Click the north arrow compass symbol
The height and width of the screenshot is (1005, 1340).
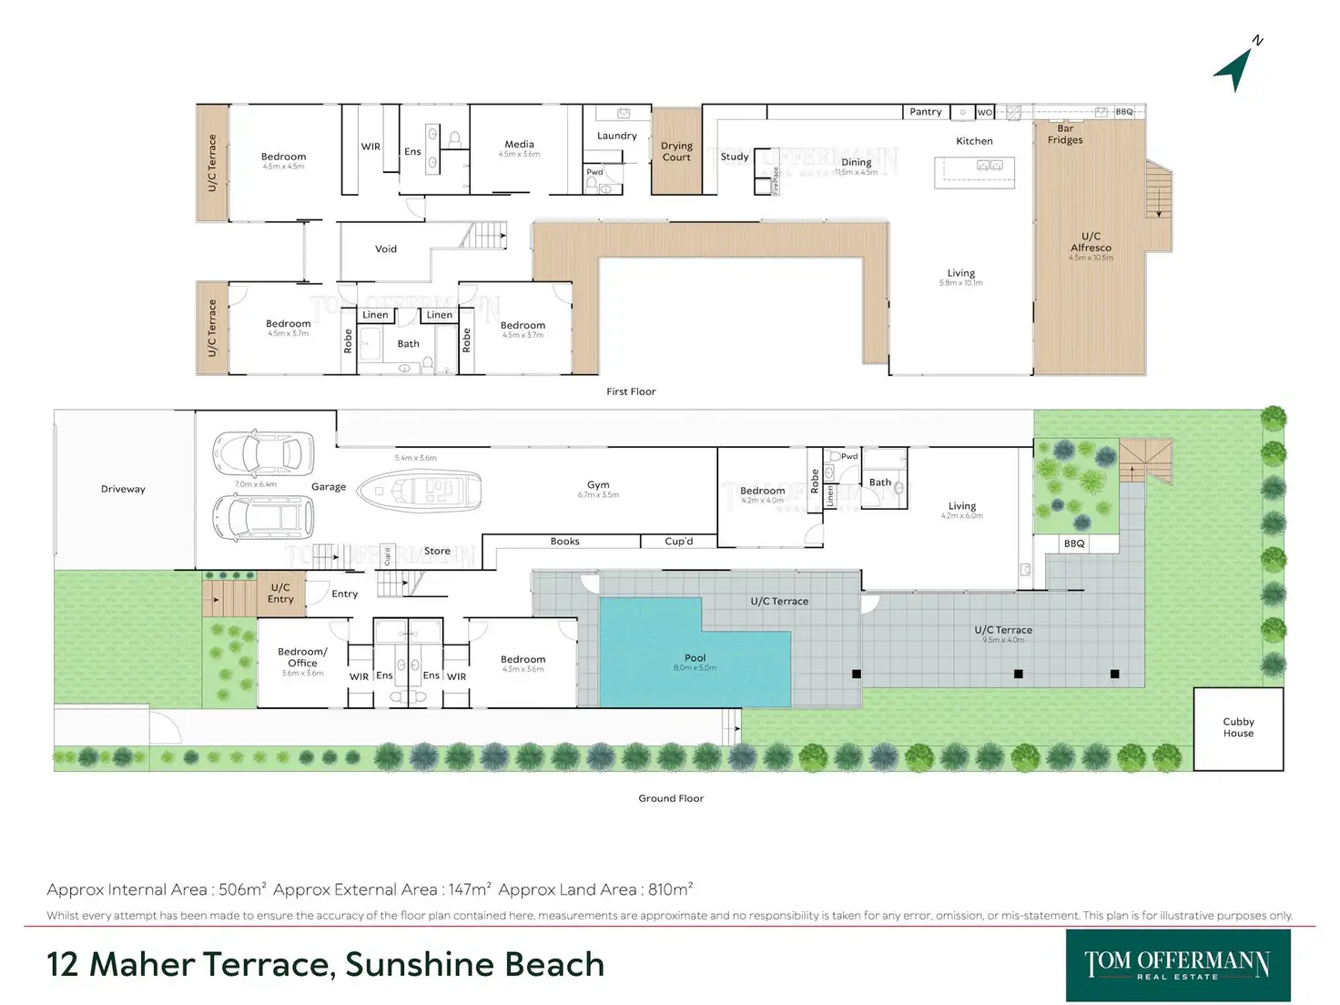click(x=1236, y=66)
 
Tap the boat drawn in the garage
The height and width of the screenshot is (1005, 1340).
click(x=420, y=492)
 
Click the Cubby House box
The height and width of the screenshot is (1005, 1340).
click(x=1238, y=728)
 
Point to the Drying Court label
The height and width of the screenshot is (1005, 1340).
click(x=676, y=152)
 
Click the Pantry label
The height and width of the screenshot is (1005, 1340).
click(x=925, y=112)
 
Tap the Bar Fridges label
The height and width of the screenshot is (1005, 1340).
click(x=1065, y=135)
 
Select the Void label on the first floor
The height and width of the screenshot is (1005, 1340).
click(x=386, y=249)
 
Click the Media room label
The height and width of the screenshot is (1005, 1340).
click(x=519, y=145)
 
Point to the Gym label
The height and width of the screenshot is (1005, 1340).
click(x=598, y=485)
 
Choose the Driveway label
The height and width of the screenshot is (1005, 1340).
click(x=123, y=489)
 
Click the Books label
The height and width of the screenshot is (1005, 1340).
click(x=564, y=542)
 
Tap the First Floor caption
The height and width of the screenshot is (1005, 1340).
click(x=631, y=391)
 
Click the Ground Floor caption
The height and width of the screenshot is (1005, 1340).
click(x=671, y=798)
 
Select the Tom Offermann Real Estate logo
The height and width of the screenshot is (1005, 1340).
click(x=1178, y=965)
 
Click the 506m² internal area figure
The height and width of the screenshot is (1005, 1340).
click(x=242, y=889)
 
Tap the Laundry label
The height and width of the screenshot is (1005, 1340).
click(x=616, y=136)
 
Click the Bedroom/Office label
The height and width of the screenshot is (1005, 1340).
click(x=302, y=657)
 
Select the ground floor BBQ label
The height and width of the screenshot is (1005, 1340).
click(x=1074, y=543)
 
